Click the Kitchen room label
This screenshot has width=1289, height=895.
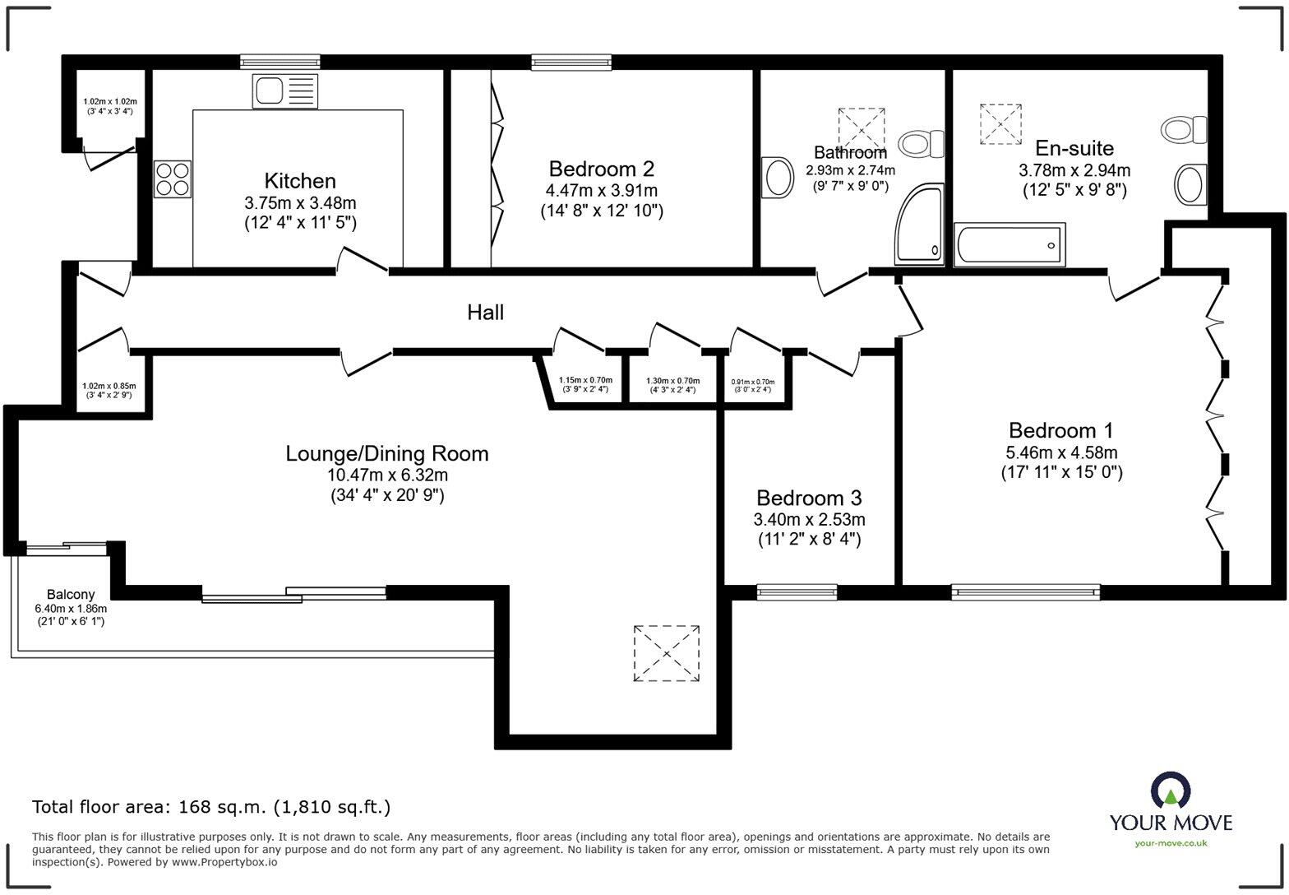300,181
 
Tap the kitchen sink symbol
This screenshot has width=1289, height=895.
275,90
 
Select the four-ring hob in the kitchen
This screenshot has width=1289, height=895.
173,179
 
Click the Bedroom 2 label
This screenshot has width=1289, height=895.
601,169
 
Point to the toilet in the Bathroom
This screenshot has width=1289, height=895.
922,144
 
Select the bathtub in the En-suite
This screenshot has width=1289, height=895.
1009,244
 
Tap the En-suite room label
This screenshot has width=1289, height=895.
1074,148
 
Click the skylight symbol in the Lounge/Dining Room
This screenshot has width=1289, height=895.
666,653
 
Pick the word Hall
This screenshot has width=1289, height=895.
485,313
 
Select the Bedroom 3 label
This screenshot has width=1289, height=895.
809,499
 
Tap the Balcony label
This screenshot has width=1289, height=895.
71,594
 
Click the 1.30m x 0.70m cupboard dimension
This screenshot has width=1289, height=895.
672,381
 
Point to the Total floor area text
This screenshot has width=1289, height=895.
211,807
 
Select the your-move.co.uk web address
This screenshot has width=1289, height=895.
1171,842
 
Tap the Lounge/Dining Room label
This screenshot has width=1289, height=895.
386,454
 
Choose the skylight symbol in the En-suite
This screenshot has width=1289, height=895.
1001,124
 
